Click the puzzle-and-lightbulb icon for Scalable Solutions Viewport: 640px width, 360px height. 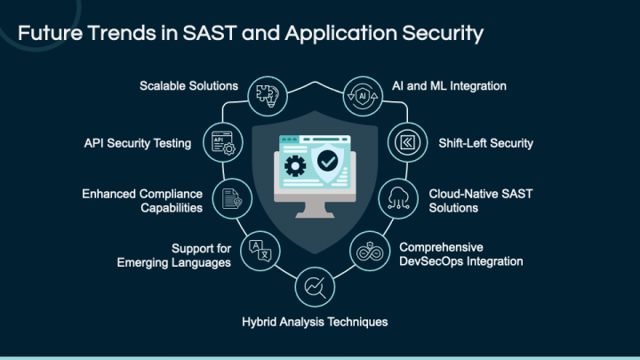268,96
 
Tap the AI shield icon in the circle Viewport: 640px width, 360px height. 363,96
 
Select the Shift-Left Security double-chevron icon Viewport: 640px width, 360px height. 407,142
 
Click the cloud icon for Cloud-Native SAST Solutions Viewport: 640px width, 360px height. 398,198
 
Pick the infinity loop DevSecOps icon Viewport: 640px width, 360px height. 370,252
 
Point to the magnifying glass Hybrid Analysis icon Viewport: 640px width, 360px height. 315,287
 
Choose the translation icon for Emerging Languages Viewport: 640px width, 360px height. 260,251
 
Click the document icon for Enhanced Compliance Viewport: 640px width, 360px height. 232,198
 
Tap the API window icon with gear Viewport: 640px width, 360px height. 223,143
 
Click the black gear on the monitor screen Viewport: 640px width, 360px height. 295,166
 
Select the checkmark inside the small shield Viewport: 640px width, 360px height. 327,161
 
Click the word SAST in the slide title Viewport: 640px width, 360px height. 210,33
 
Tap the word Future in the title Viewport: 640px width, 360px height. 50,33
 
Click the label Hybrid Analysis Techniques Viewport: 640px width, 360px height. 315,322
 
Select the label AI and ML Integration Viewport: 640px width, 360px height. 449,86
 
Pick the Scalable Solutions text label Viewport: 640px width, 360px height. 189,85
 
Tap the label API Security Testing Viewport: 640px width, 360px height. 138,143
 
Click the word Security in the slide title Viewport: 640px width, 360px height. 443,34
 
